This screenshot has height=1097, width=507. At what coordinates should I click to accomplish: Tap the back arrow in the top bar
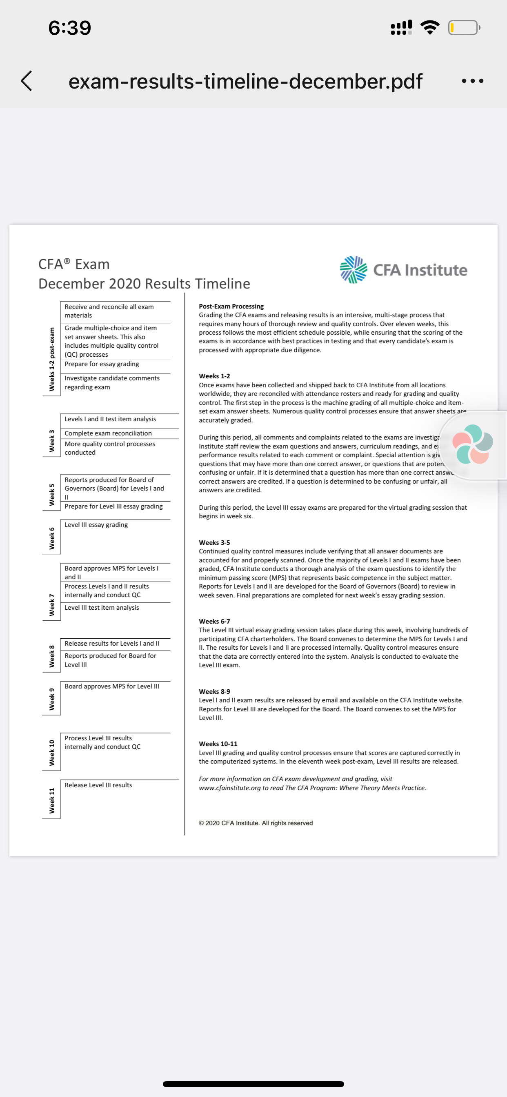coord(27,81)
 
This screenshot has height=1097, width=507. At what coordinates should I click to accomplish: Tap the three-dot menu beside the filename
coord(472,81)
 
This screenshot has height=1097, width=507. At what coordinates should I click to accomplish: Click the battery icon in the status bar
coord(464,28)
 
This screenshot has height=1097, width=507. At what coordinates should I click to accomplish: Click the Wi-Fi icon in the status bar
coord(430,28)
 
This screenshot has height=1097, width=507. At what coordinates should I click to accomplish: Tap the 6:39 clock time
coord(70,28)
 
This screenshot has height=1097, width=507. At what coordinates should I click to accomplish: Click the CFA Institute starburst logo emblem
coord(353,270)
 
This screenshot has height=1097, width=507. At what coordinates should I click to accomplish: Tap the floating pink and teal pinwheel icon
coord(472,444)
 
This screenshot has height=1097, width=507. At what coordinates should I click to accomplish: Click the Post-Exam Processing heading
coord(231,306)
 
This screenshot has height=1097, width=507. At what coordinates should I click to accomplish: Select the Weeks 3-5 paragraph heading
coord(214,542)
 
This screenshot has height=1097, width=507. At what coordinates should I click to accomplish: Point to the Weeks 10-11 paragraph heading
coord(218,744)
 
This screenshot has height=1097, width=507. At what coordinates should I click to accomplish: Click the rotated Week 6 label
coord(52,538)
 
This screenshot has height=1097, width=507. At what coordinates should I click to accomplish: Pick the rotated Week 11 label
coord(52,801)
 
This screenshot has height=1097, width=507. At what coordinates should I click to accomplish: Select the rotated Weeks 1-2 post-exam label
coord(52,359)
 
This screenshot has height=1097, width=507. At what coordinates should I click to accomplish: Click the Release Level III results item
coord(98,785)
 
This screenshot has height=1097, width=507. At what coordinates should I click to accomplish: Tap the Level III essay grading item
coord(96,525)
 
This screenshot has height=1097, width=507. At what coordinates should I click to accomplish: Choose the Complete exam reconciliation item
coord(108,433)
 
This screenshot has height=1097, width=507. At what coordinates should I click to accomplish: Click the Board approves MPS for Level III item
coord(112,686)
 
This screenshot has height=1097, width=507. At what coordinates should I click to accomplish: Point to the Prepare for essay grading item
coord(102,364)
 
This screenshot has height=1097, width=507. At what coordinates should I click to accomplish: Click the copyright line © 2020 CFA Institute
coord(256,823)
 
